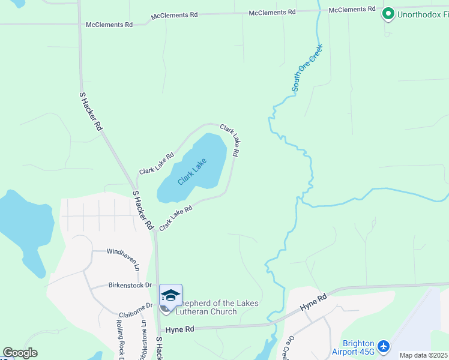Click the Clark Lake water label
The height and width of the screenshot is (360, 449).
tap(192, 171)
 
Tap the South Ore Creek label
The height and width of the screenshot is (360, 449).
tap(307, 68)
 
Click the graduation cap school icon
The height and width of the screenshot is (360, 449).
tap(170, 295)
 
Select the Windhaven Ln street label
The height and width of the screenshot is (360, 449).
tap(122, 251)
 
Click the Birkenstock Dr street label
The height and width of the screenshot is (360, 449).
tap(130, 286)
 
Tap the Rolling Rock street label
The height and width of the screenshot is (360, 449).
tap(119, 339)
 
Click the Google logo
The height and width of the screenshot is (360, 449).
tap(20, 353)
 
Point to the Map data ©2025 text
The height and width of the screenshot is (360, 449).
tap(423, 355)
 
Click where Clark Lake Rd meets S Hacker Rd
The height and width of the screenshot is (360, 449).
tap(154, 230)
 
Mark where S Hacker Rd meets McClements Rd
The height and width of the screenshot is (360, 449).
tap(80, 25)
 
